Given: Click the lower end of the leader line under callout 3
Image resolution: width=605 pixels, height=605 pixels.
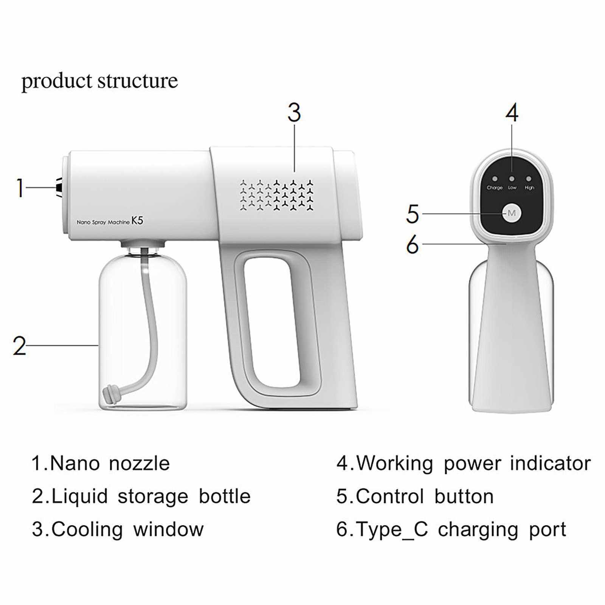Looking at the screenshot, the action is point(295,171).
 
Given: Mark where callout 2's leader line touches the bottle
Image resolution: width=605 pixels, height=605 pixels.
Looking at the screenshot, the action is point(99,345).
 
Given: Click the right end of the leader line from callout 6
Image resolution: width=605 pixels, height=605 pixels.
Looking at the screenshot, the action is point(506,244).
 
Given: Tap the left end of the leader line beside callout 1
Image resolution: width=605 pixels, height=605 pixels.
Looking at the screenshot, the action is point(26,187).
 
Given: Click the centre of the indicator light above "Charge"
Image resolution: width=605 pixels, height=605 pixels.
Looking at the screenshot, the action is point(495,179).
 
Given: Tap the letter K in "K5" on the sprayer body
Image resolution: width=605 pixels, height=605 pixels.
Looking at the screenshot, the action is point(135,221).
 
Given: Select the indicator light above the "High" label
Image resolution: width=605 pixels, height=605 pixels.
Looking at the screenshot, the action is point(529,179).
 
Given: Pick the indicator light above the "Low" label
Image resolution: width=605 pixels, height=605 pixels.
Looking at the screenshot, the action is point(512,179).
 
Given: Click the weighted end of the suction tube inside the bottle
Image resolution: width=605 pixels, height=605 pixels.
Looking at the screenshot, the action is point(111,394).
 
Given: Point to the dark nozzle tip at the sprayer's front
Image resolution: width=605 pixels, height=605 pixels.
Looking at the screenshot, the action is point(59,187).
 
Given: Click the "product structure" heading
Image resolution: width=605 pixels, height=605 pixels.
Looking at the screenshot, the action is point(99,81).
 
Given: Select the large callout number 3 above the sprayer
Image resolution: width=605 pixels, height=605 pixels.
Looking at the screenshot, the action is point(294,112).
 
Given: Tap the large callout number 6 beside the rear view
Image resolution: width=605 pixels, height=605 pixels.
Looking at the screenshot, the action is point(413,244).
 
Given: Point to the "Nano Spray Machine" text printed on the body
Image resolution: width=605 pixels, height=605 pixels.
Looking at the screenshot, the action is point(103,222).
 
